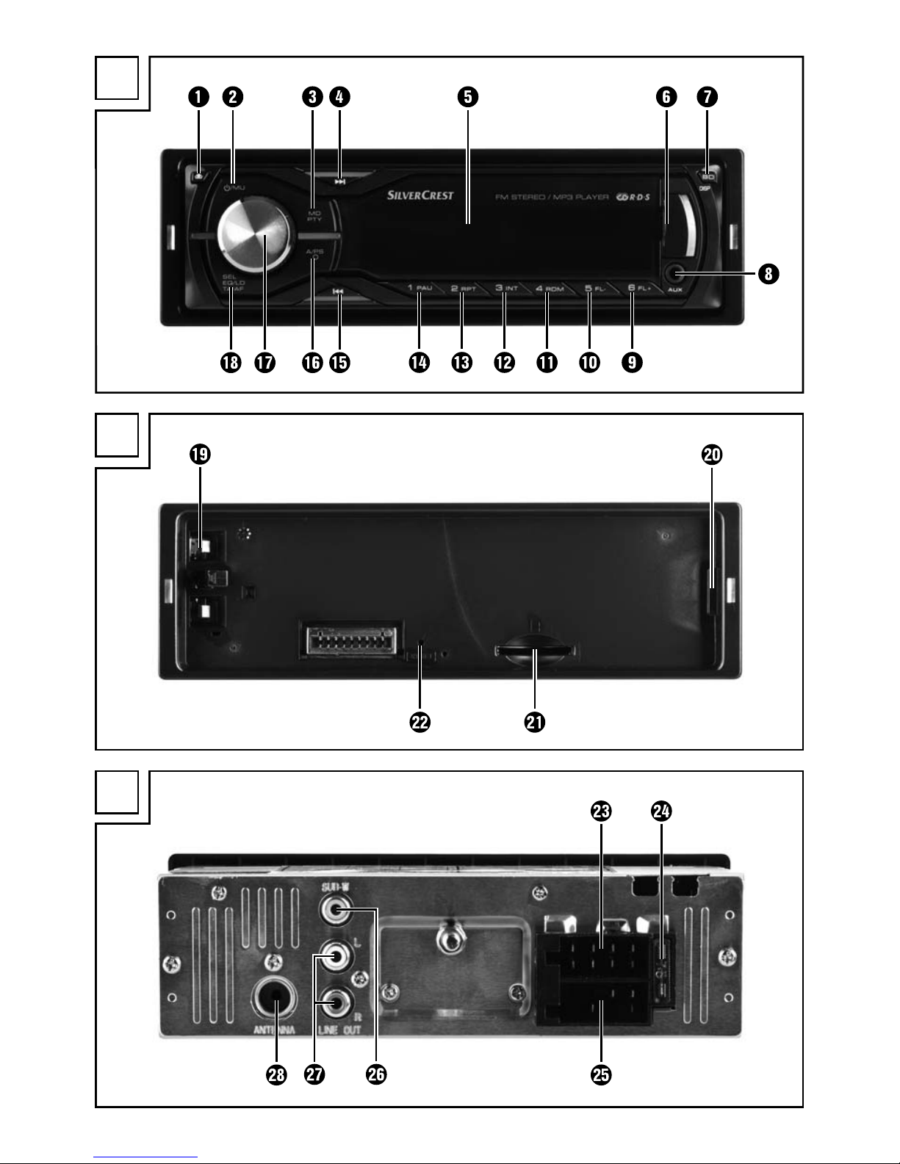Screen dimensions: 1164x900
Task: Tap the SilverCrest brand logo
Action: [x=420, y=196]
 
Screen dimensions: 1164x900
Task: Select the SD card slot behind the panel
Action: [x=535, y=651]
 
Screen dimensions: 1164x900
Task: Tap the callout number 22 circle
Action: [x=420, y=722]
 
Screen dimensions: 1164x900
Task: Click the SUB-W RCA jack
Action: [x=335, y=913]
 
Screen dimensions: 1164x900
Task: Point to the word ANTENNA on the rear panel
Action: [x=275, y=1030]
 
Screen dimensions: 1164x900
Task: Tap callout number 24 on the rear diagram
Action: [x=661, y=811]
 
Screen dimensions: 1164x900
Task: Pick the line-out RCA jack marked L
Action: [x=335, y=956]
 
